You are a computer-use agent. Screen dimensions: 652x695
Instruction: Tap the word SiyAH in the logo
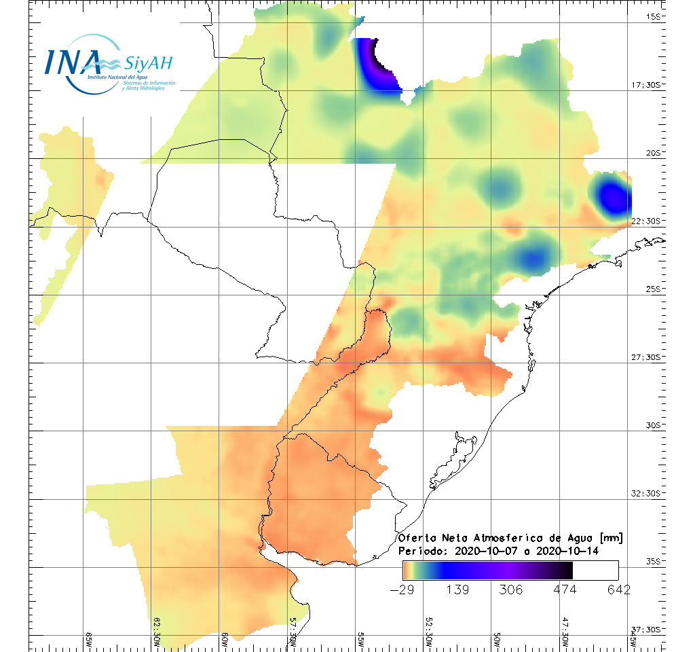(x=149, y=63)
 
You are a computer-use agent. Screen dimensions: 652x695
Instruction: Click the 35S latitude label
(x=653, y=560)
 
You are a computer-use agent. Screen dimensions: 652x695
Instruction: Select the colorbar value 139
(x=458, y=590)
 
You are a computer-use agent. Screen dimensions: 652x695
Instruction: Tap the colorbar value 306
(x=512, y=590)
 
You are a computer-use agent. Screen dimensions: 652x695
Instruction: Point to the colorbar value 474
(x=565, y=590)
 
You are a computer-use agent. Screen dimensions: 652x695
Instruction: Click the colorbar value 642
(x=618, y=590)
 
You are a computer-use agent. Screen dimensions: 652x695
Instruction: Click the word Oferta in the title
(x=417, y=538)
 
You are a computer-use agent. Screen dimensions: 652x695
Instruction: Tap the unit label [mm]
(x=609, y=538)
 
